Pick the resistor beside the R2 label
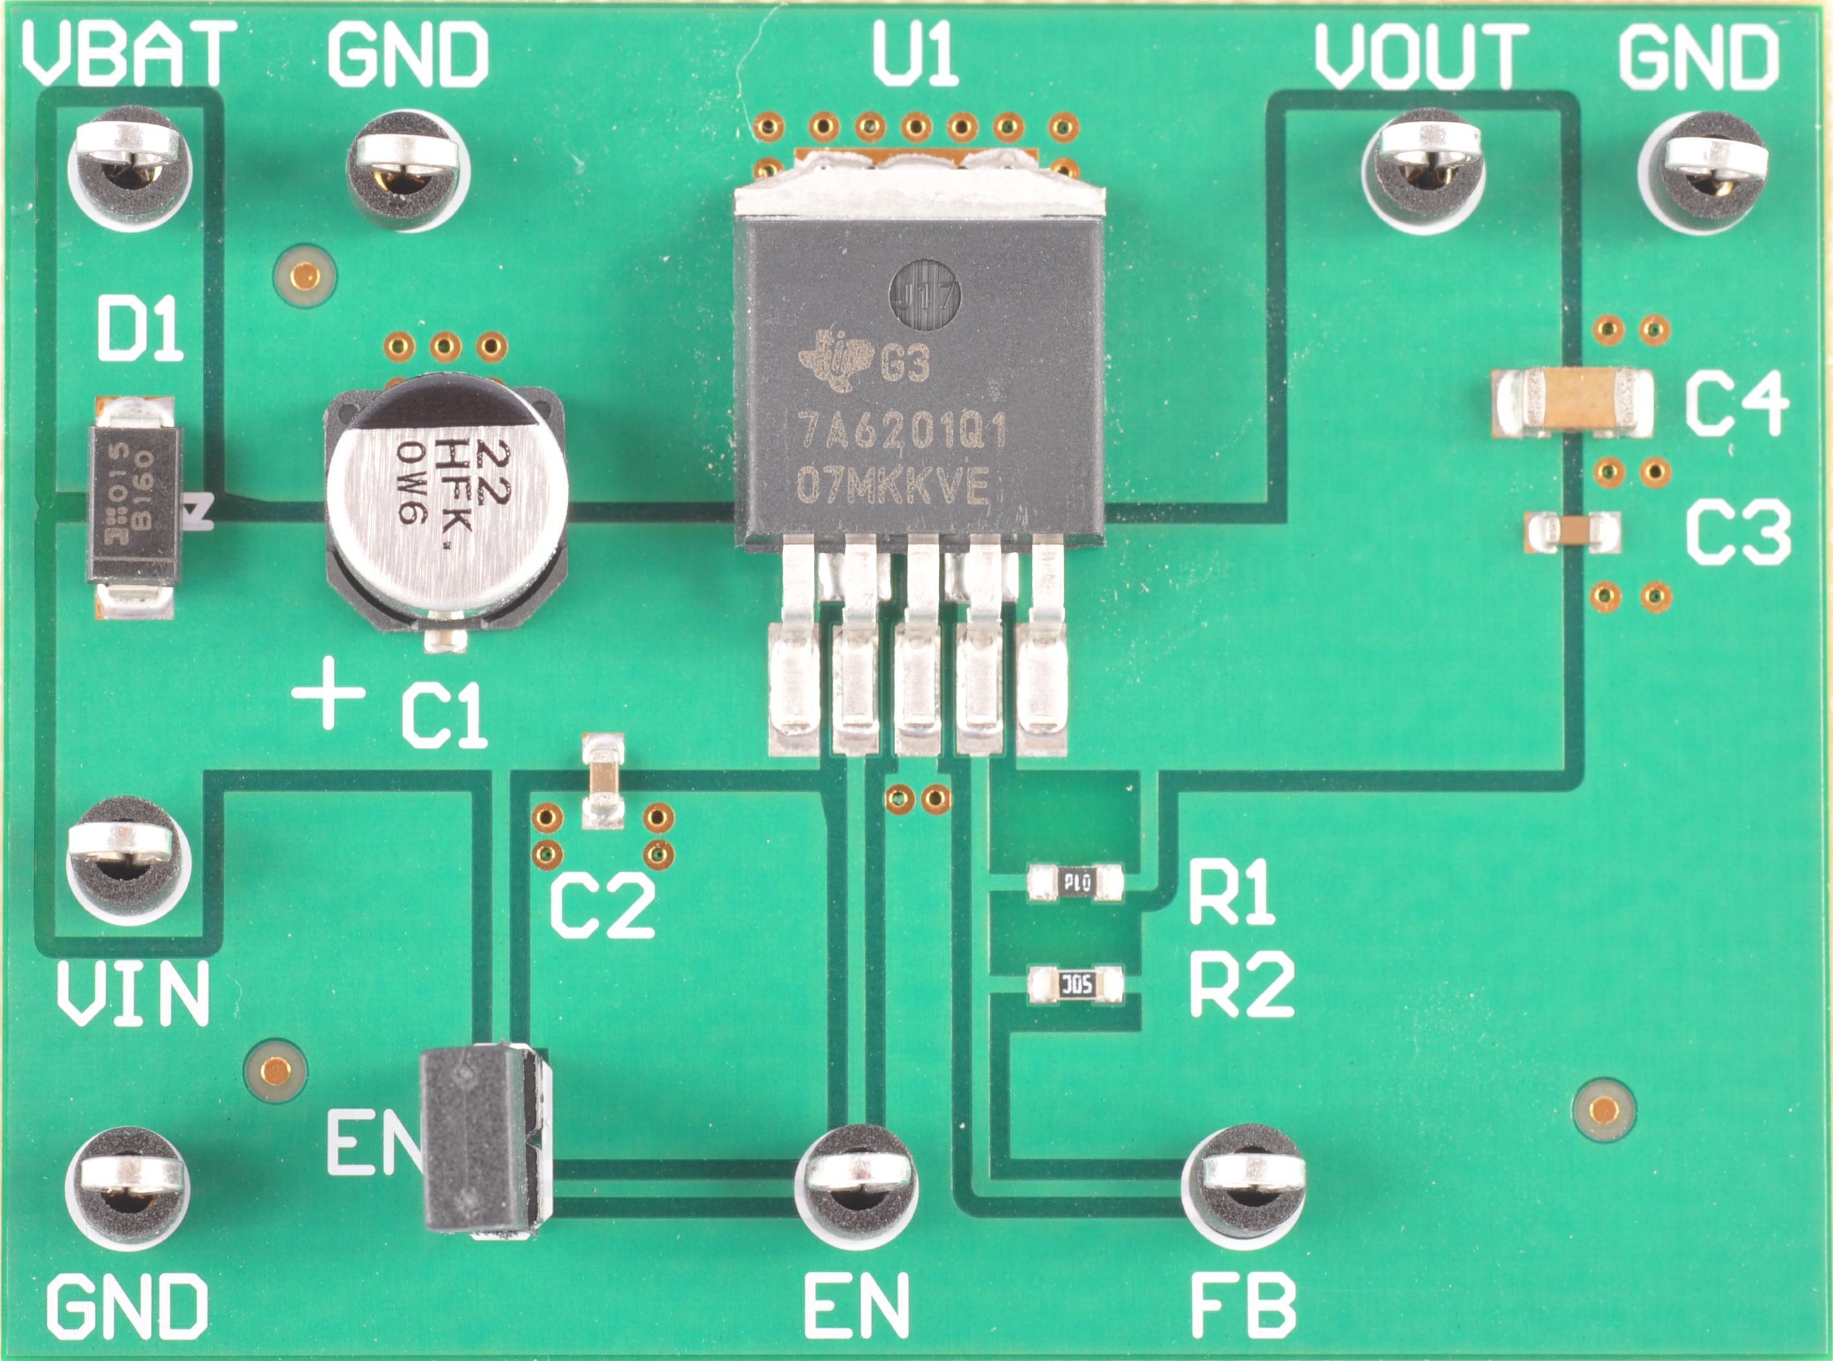pos(1076,985)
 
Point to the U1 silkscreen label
pos(916,56)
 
